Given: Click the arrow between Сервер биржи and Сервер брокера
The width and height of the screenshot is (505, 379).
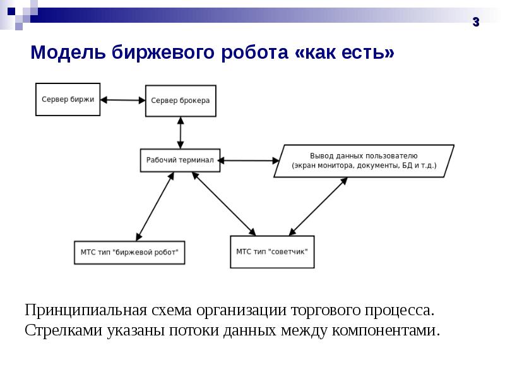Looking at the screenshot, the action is tap(122, 100).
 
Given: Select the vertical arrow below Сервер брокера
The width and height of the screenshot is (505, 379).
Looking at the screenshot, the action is tap(181, 133).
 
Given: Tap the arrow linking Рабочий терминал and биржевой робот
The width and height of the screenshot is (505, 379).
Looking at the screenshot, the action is tap(155, 207).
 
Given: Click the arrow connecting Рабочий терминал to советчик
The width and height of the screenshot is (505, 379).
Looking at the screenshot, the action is tap(224, 203).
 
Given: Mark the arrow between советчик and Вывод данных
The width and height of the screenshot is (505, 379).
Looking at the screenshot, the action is tap(318, 207).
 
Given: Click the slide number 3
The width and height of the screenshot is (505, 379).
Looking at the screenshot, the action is tap(476, 22).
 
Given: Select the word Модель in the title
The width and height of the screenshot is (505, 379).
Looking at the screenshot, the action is tap(68, 52).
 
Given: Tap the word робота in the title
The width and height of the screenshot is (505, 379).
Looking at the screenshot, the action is tap(254, 52).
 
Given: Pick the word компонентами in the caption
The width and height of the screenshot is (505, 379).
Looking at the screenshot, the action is tap(386, 330).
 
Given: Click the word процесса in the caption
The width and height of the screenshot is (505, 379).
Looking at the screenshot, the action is tap(400, 311).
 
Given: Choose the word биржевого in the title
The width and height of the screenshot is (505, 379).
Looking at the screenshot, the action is tap(163, 52).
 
